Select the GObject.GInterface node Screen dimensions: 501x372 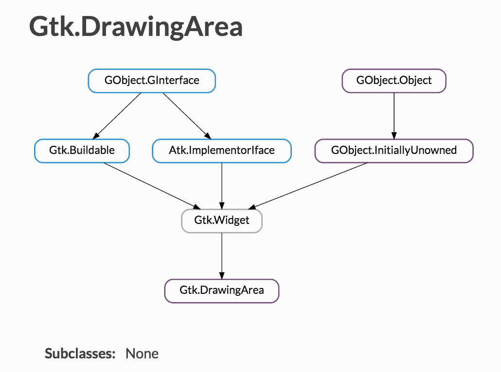point(152,81)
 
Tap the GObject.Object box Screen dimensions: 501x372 point(394,81)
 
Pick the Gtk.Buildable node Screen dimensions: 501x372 point(82,151)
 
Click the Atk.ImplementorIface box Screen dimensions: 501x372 point(222,151)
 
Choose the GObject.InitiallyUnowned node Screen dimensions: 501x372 point(394,151)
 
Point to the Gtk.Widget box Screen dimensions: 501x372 point(222,220)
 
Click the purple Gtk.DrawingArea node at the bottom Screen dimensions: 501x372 point(222,290)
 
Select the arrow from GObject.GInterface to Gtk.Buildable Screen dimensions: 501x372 point(117,116)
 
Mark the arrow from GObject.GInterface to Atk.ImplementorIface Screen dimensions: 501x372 point(187,116)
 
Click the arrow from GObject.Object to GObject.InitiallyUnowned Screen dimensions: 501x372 point(394,116)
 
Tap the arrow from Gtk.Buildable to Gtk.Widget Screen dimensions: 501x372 point(152,186)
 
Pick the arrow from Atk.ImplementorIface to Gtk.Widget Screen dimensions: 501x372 point(222,186)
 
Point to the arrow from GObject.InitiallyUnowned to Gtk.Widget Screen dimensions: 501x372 point(308,186)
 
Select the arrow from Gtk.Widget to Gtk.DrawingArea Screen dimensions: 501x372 point(222,256)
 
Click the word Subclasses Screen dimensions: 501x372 point(80,354)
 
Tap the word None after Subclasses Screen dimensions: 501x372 point(142,354)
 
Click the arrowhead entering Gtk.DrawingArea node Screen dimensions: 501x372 point(222,275)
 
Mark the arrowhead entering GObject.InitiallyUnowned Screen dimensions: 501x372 point(394,135)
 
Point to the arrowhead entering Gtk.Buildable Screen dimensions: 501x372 point(96,136)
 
